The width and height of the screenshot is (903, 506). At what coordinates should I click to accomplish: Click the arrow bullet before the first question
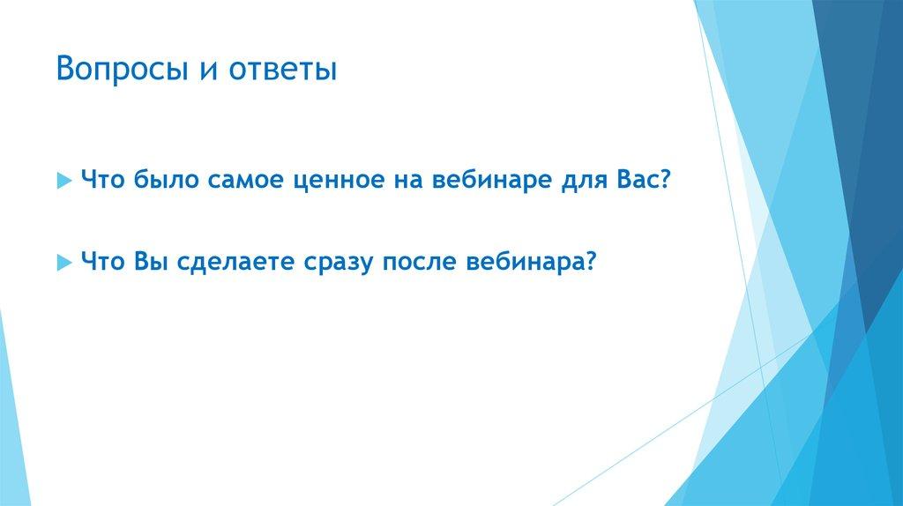[63, 181]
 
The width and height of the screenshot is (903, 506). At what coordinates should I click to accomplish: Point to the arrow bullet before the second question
[63, 263]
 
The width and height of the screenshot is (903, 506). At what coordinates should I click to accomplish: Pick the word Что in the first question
[102, 180]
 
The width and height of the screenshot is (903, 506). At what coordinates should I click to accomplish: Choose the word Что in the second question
[102, 262]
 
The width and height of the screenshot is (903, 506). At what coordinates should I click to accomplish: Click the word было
[168, 180]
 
